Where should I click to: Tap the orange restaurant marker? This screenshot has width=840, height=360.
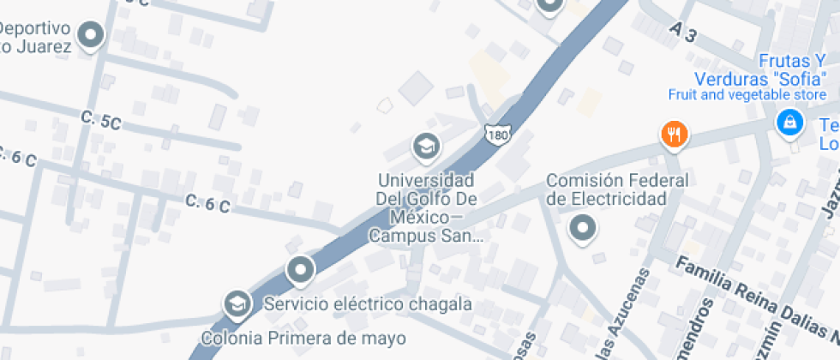click(675, 135)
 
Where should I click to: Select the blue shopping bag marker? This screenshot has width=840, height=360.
click(788, 123)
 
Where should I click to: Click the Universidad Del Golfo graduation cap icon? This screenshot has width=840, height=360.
click(425, 148)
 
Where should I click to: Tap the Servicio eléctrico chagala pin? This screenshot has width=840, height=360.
click(300, 271)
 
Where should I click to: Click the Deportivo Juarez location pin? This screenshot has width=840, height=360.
click(90, 35)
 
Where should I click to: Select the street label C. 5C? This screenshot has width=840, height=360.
click(101, 121)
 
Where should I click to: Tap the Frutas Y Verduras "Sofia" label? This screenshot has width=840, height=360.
click(752, 70)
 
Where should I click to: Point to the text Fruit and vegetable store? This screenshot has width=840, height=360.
click(735, 94)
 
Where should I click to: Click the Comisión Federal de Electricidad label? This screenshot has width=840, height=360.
click(617, 189)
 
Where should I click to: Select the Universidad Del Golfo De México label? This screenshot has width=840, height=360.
click(426, 199)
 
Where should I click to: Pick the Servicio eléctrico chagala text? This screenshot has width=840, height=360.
click(368, 304)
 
